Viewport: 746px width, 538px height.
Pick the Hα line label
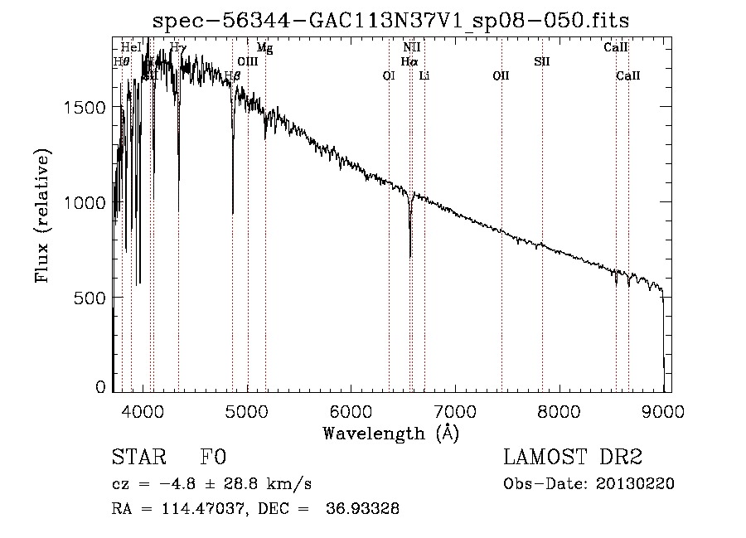tap(409, 61)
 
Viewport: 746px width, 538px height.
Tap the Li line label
tap(424, 75)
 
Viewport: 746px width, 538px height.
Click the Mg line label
tap(264, 48)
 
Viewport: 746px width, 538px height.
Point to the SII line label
tap(542, 61)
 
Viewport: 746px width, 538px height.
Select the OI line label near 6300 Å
tap(389, 75)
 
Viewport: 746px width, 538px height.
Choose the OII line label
tap(501, 75)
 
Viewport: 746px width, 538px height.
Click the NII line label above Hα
tap(412, 48)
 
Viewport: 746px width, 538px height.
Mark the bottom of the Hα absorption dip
tap(410, 256)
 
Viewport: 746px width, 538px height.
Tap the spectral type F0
tap(212, 458)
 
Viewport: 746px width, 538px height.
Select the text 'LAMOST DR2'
tap(572, 458)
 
